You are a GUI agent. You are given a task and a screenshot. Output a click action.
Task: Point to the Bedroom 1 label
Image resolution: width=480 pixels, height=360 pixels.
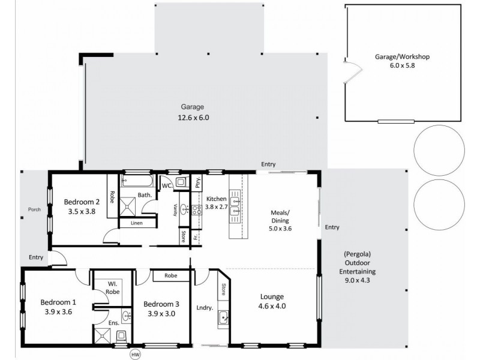point(58,307)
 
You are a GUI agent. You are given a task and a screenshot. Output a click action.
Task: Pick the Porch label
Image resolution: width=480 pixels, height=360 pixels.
point(34,210)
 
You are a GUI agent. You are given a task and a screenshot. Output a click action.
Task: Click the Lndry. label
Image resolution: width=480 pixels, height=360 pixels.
point(205,308)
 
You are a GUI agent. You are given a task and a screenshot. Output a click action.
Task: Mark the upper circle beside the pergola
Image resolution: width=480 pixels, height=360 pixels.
point(438,146)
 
